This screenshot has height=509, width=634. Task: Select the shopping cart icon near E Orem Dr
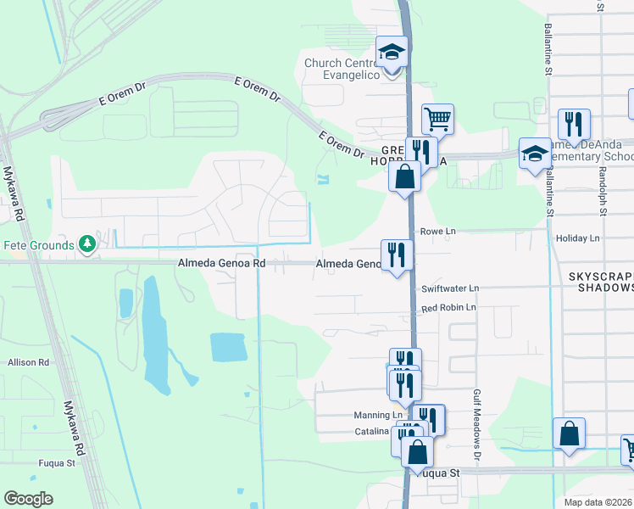[437, 119]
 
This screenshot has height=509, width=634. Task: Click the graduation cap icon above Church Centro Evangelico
[392, 53]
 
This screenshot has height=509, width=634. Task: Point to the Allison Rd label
[29, 362]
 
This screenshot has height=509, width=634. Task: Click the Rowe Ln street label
[438, 231]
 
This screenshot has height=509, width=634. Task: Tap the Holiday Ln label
[577, 238]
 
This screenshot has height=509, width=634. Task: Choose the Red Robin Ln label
[449, 307]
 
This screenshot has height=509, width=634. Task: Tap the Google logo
[28, 499]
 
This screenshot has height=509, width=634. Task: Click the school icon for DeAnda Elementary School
[534, 154]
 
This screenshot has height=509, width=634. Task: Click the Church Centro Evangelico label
[347, 69]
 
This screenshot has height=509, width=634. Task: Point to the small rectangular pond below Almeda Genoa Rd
[228, 347]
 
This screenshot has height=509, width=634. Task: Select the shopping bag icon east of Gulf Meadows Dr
[570, 433]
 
